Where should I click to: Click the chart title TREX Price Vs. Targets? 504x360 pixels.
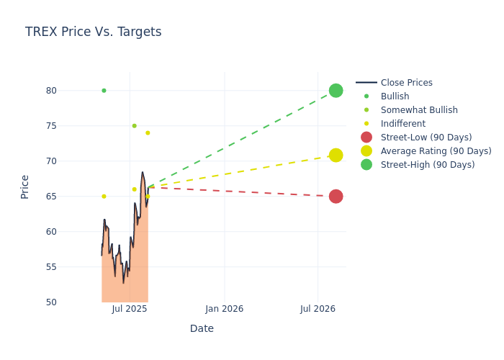[93, 32]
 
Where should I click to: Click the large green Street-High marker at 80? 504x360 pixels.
[336, 91]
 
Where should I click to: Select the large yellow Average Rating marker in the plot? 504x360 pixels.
[336, 156]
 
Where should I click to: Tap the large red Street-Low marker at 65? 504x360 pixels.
[336, 197]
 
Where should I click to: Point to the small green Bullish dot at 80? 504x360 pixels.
[104, 91]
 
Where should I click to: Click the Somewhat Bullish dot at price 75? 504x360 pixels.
[134, 126]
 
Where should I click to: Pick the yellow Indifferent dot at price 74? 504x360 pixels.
[148, 132]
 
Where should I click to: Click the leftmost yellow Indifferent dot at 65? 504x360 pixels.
[104, 197]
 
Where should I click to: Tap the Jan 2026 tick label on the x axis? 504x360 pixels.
[224, 309]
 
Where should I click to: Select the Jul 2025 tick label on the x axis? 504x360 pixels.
[130, 309]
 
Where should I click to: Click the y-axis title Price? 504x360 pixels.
[25, 186]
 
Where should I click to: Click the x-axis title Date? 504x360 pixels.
[202, 329]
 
